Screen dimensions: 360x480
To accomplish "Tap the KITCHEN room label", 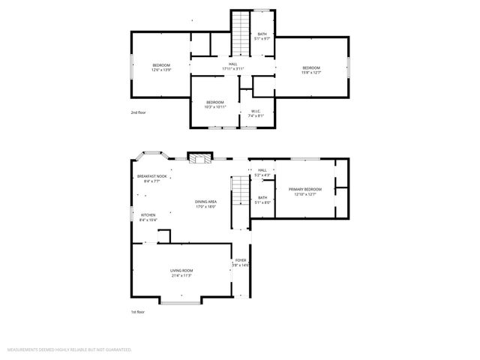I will tap(148, 215).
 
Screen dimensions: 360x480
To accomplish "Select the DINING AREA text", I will tap(205, 202).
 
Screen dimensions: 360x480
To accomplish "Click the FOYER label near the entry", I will tap(240, 260).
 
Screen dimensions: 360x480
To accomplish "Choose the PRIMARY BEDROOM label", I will tap(305, 189).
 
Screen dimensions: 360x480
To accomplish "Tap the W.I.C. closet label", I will tap(256, 112).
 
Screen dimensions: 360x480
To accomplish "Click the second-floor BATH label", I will tap(262, 34).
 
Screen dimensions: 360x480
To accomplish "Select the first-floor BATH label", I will tap(262, 197).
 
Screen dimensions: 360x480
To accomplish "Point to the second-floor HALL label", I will tap(233, 64).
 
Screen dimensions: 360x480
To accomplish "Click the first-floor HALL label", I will tap(262, 170).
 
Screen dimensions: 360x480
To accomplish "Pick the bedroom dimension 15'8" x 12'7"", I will tap(311, 72).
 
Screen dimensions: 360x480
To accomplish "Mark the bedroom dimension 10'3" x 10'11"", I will tap(215, 106).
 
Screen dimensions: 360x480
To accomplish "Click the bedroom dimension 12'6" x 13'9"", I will tap(162, 70).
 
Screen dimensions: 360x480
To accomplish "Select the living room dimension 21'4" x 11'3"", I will tap(181, 275).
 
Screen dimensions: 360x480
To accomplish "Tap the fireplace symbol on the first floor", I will tap(199, 158).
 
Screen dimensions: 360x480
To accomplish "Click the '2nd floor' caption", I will tap(138, 112).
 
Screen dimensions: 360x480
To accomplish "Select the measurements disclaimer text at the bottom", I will tap(69, 349).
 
